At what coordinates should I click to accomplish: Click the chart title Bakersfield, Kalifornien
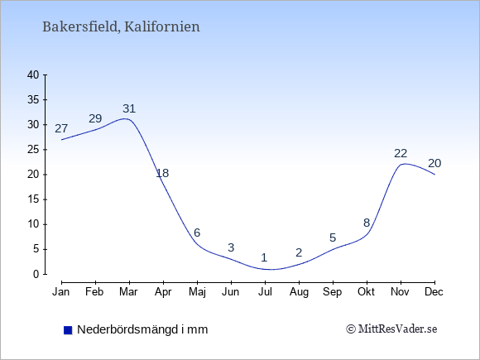[121, 26]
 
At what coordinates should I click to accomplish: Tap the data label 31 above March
[129, 108]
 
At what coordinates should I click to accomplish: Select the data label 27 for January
[61, 128]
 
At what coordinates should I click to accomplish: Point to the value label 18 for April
[162, 173]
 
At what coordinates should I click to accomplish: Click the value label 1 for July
[264, 257]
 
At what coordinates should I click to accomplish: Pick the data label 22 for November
[401, 153]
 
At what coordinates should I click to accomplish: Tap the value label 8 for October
[367, 223]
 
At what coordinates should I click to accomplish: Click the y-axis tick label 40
[33, 74]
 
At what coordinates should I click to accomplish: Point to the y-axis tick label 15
[33, 199]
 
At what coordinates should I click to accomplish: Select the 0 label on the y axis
[36, 274]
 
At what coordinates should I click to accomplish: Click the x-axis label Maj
[197, 292]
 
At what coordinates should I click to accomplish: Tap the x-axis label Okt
[366, 292]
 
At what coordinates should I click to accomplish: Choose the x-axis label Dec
[434, 292]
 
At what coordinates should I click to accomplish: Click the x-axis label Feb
[94, 292]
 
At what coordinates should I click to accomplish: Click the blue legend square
[68, 330]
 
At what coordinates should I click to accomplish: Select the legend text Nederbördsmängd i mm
[142, 329]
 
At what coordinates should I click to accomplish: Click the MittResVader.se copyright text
[391, 329]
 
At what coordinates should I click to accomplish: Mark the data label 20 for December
[434, 164]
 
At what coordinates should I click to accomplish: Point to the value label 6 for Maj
[197, 233]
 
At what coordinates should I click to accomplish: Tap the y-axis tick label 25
[33, 150]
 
